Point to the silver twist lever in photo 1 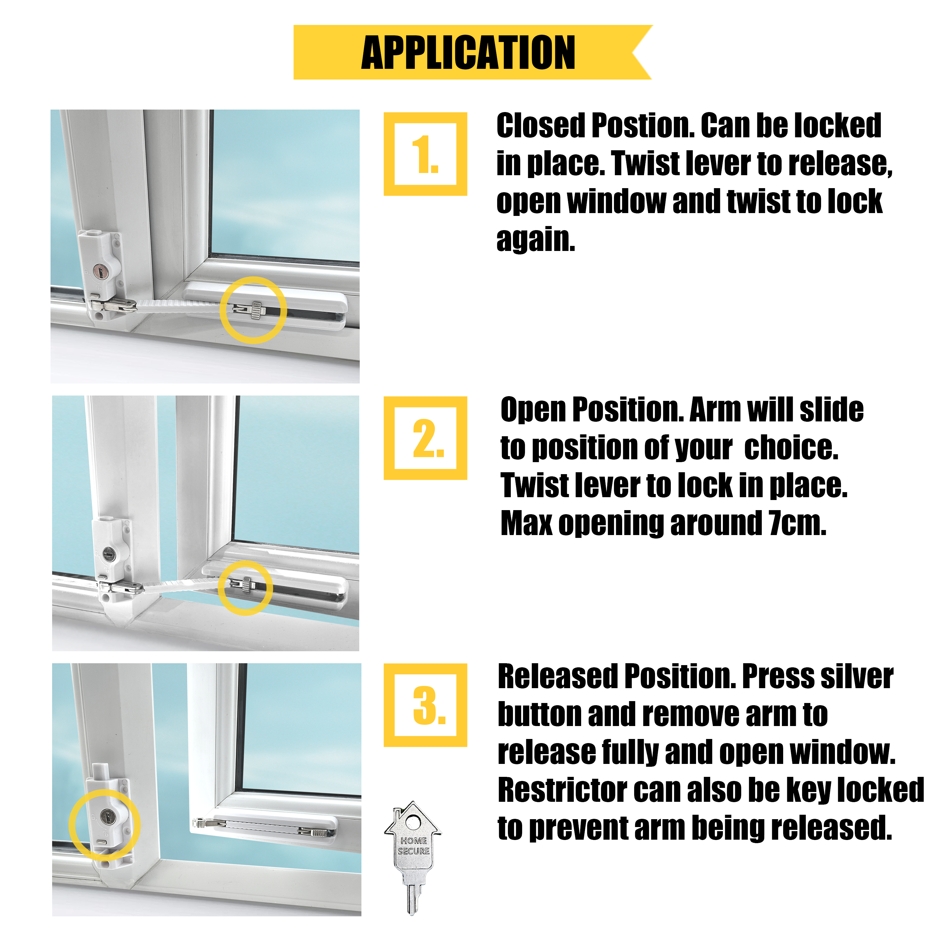[256, 310]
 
